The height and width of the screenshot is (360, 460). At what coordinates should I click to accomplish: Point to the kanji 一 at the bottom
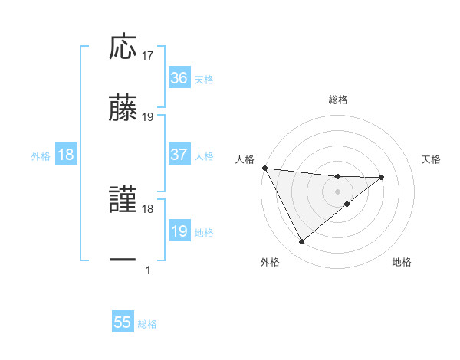123,260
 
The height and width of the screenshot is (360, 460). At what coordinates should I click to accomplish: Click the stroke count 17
148,56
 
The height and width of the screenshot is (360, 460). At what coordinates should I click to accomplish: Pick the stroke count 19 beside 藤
148,116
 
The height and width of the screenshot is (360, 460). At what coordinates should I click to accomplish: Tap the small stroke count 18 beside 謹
148,208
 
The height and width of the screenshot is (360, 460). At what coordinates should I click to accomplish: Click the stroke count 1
148,270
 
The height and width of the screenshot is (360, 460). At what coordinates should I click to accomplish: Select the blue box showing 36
179,78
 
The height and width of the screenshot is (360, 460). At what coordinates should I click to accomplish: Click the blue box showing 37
179,155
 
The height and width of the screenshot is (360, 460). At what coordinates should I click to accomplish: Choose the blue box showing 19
179,231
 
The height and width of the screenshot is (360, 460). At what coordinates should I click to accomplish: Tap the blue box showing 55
123,323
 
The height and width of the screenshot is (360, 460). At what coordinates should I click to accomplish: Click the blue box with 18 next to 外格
66,155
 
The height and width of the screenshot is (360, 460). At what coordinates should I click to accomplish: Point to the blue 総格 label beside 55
147,324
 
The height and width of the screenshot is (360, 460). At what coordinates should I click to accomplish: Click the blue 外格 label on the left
41,155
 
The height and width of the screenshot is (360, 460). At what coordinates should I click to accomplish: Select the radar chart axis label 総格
338,100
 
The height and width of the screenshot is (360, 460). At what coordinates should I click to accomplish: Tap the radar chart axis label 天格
432,159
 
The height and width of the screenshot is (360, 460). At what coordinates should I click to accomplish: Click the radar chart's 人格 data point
264,168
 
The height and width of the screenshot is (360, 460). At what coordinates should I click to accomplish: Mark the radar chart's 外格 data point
301,242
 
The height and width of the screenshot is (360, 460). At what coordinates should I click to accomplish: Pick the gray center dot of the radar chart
338,191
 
